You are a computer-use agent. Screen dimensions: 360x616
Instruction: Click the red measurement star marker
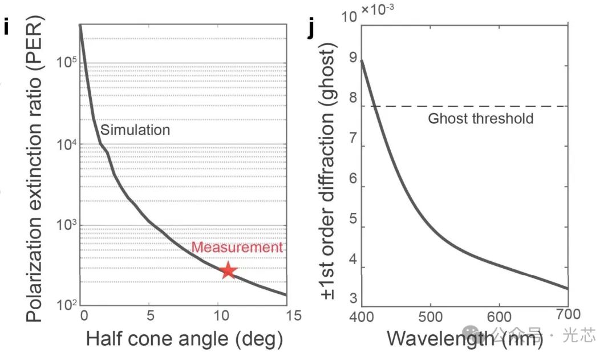[x=228, y=270]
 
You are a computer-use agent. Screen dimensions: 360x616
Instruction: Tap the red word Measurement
[x=237, y=248]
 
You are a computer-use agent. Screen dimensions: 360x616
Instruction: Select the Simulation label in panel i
[x=135, y=130]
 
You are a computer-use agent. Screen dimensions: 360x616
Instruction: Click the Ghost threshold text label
[x=480, y=119]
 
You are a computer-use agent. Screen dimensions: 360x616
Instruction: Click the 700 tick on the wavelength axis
[x=568, y=314]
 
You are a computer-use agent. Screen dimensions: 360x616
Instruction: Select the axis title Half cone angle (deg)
[x=184, y=339]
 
